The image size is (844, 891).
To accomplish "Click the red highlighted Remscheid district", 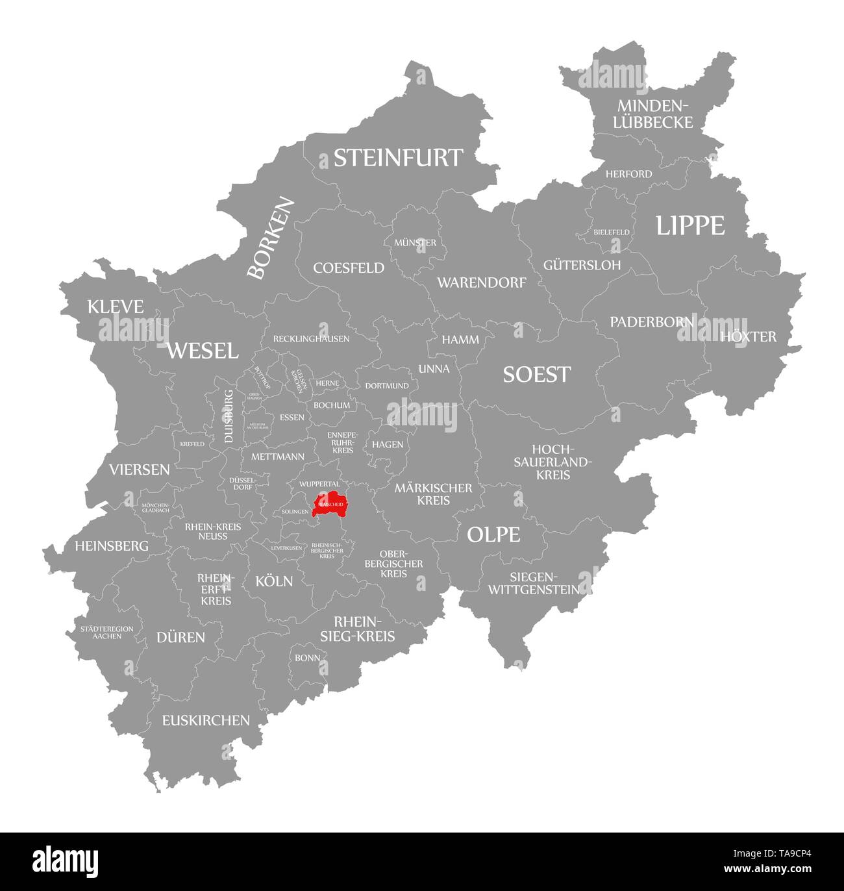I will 330,504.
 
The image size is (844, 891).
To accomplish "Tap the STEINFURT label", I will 399,158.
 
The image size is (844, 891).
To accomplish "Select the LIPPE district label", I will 689,225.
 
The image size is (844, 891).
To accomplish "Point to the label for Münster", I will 416,243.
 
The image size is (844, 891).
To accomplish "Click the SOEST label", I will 537,374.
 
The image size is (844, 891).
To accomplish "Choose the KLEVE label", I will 116,307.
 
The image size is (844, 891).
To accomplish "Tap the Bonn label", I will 307,658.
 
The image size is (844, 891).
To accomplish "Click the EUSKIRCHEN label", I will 206,720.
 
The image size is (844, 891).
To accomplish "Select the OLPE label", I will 493,534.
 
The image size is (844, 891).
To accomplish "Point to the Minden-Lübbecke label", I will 654,114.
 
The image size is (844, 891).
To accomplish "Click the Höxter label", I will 748,336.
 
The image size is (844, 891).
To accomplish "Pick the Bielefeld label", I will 611,232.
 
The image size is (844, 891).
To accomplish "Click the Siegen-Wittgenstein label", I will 534,583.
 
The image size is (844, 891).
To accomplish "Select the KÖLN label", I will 274,581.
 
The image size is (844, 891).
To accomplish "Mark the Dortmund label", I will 387,386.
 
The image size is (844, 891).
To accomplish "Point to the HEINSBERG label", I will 112,546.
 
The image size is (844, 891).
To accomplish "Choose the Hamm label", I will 460,340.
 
